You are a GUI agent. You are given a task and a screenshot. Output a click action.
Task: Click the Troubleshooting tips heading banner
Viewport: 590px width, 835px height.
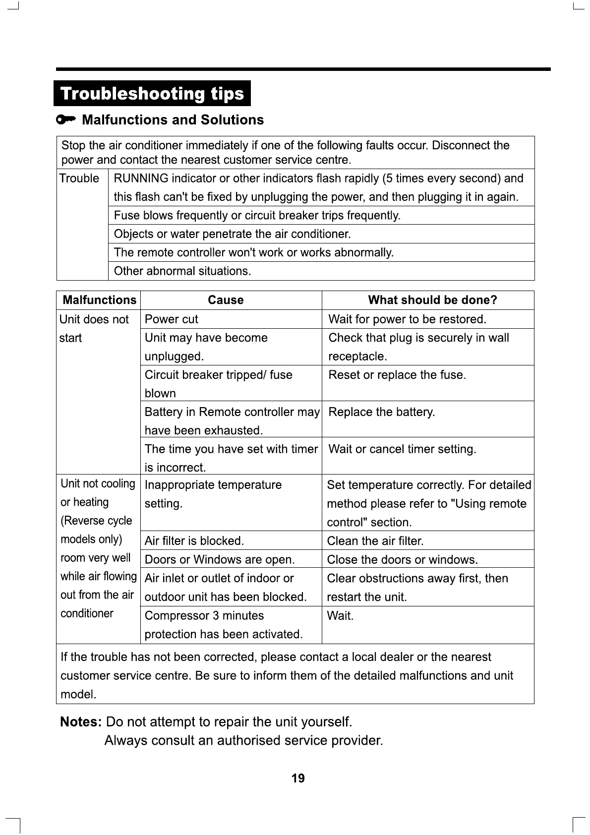point(152,94)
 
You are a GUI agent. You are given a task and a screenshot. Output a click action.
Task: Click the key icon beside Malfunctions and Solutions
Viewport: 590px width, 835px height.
point(66,119)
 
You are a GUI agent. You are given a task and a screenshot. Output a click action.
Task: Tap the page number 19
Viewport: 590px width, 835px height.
point(298,778)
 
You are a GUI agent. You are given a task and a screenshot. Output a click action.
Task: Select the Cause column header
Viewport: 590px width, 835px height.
point(226,300)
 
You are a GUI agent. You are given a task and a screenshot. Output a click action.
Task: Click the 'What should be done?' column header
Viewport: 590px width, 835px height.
point(432,300)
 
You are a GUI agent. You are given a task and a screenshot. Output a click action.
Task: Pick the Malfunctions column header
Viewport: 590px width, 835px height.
point(99,300)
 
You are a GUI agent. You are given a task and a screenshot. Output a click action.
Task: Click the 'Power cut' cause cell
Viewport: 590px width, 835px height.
point(172,319)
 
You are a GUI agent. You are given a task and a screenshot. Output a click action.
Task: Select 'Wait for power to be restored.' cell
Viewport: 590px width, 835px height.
point(407,319)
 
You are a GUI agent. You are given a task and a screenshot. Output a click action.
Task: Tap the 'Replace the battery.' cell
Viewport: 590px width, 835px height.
point(382,412)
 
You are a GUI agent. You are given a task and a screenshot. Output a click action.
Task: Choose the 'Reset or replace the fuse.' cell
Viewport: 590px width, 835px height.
point(397,375)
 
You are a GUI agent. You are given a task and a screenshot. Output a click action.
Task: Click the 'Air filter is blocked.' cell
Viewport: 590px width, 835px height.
point(194,541)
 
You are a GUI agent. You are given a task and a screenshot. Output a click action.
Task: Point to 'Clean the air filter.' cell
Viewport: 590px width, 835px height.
point(375,541)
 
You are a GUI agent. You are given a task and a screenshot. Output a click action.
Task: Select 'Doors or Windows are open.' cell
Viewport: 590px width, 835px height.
point(220,560)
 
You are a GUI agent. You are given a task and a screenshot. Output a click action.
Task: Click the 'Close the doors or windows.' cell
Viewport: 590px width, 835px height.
point(402,560)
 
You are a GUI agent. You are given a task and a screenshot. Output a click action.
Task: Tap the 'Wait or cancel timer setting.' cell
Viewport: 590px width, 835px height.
point(402,449)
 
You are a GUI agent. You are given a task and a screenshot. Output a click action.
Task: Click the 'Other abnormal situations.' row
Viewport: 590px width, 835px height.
point(182,271)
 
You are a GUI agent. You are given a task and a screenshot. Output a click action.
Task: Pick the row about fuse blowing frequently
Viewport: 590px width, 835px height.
point(257,216)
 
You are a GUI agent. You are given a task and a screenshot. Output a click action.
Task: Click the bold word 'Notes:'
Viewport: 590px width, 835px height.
point(81,722)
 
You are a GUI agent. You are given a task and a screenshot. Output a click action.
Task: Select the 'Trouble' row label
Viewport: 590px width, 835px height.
point(79,179)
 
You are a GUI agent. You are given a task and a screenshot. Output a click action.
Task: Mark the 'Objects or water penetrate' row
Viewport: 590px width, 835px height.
point(232,234)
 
